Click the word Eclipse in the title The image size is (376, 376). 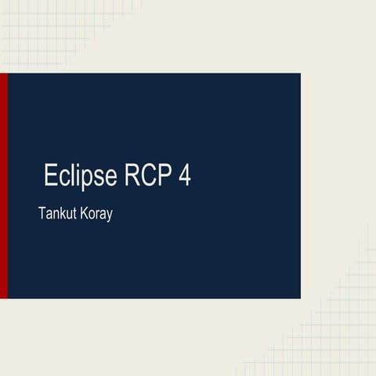[x=81, y=175]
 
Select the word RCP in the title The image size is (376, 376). [x=148, y=175]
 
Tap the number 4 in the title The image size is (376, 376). [x=185, y=175]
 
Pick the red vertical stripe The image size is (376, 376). [x=3, y=186]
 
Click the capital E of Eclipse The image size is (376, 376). [x=52, y=175]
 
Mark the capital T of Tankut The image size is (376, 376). [x=42, y=213]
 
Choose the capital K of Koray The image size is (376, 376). [x=82, y=213]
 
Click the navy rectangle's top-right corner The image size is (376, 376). [x=300, y=74]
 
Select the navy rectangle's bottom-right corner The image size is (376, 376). [x=300, y=298]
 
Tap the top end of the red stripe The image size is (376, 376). [x=3, y=74]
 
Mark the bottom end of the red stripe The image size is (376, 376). [x=3, y=297]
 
